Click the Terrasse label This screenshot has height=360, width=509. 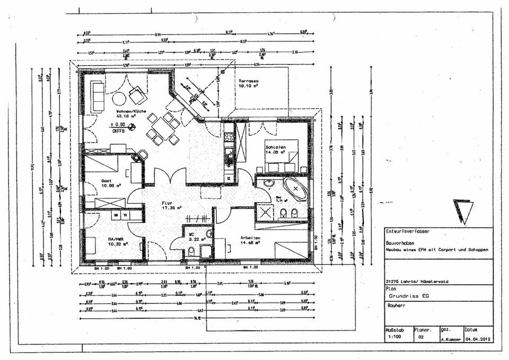pyautogui.click(x=248, y=80)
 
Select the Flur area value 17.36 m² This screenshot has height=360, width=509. pyautogui.click(x=172, y=208)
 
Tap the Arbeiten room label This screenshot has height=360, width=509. pyautogui.click(x=250, y=238)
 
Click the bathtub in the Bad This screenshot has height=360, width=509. pyautogui.click(x=295, y=189)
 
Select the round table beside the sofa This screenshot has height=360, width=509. pyautogui.click(x=119, y=98)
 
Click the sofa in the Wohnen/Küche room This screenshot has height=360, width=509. pyautogui.click(x=97, y=96)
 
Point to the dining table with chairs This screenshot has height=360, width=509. pyautogui.click(x=163, y=128)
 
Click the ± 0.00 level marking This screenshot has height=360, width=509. pyautogui.click(x=119, y=124)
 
